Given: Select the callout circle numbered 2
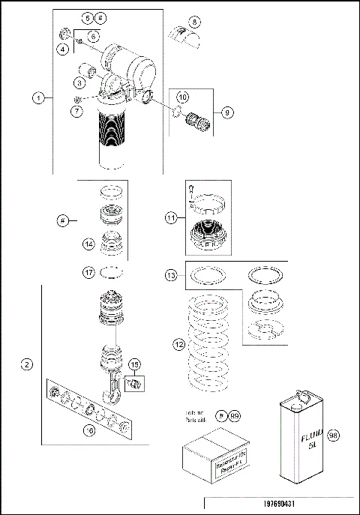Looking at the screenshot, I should (x=27, y=365).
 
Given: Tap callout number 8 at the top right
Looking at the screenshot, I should (x=194, y=22).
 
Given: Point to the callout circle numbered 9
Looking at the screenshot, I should (x=228, y=112).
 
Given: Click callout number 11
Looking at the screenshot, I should (x=172, y=218).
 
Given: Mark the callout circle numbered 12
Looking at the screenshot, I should (x=178, y=344).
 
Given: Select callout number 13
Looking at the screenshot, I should (x=172, y=276).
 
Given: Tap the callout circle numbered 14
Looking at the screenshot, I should (x=88, y=243).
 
